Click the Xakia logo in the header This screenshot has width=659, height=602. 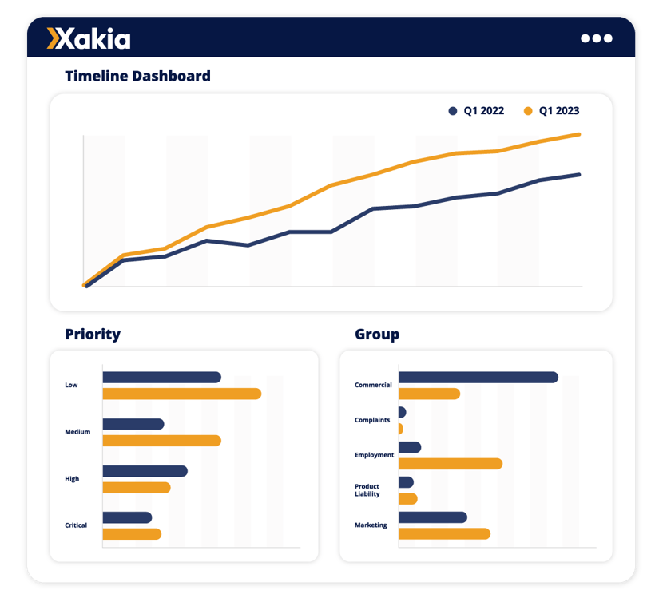click(x=89, y=38)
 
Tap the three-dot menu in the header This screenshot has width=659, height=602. click(x=596, y=38)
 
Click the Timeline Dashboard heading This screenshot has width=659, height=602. click(x=137, y=77)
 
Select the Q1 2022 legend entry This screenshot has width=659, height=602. click(x=477, y=111)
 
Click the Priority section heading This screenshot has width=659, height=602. click(x=93, y=334)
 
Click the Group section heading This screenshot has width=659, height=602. click(x=377, y=334)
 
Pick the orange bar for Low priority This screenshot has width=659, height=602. click(x=181, y=394)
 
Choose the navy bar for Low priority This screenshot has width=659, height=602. click(x=161, y=377)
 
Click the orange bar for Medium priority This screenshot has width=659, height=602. click(x=161, y=441)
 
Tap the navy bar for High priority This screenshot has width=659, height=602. click(x=145, y=471)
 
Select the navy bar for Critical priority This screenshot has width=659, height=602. click(x=127, y=517)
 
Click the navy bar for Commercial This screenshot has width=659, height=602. click(x=478, y=377)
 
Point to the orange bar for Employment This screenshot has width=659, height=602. click(x=450, y=464)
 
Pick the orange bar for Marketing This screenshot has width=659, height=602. click(x=443, y=533)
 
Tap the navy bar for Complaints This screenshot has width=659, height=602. click(x=402, y=412)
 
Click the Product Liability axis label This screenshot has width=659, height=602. click(x=367, y=490)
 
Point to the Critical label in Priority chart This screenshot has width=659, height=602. click(x=76, y=525)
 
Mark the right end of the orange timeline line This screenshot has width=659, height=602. click(x=578, y=134)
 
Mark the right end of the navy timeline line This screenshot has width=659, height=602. click(x=578, y=174)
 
